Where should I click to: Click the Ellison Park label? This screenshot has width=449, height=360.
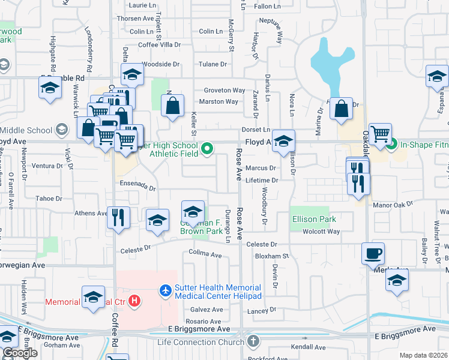[314, 220]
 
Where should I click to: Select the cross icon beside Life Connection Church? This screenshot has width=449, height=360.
[253, 342]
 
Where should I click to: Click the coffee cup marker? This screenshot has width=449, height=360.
[373, 253]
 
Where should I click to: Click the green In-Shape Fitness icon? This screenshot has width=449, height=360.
[391, 144]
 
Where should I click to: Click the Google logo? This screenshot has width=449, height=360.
[19, 353]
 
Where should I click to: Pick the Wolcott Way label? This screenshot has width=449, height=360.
[321, 232]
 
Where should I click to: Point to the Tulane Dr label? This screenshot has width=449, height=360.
[214, 64]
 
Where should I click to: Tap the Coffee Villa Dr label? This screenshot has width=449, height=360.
[159, 45]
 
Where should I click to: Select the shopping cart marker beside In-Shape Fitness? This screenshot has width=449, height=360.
[381, 134]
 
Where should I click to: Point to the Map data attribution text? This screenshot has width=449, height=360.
[423, 355]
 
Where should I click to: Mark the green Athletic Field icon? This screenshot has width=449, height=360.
[207, 148]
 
